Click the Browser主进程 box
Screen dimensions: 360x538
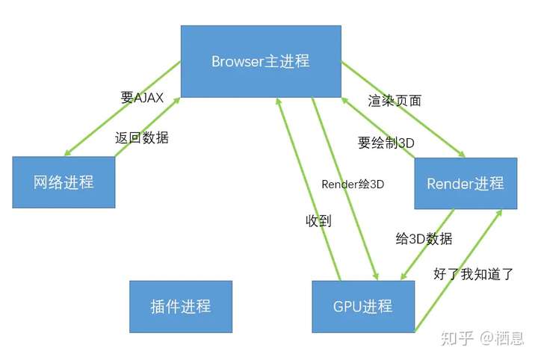pos(260,61)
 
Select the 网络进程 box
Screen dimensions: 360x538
pos(64,182)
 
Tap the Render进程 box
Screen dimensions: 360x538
pos(465,183)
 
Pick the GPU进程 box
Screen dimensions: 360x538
pos(363,306)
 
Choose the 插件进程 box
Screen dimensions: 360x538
pos(181,306)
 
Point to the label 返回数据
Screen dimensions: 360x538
pos(142,138)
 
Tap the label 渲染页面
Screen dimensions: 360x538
pos(395,100)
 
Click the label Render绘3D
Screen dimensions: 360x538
pos(353,184)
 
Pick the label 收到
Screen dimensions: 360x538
pos(318,221)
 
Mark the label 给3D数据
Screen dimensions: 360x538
pos(424,239)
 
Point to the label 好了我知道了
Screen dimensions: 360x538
pos(474,273)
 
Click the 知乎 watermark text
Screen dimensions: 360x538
pos(457,338)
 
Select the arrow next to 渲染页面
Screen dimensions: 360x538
pos(403,111)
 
